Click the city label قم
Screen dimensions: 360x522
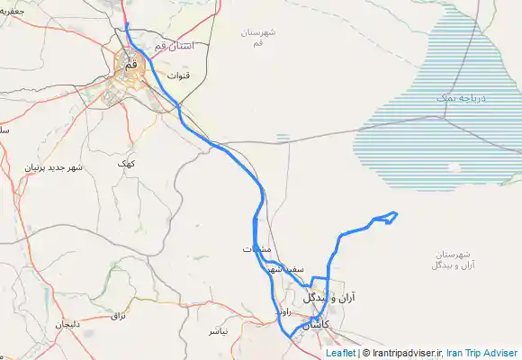pyautogui.click(x=130, y=65)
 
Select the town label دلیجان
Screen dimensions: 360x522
pyautogui.click(x=68, y=323)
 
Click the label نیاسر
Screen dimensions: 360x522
pyautogui.click(x=219, y=331)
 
